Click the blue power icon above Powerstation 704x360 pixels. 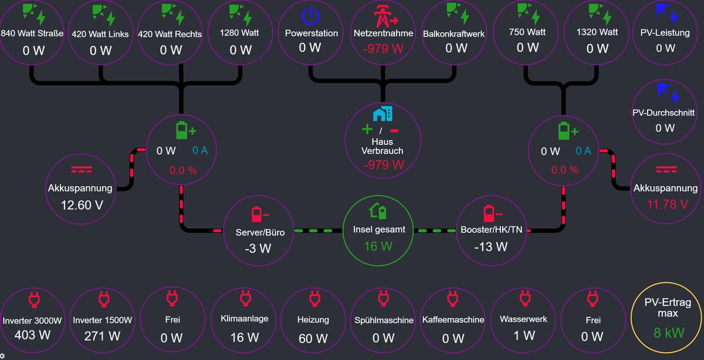coord(311,15)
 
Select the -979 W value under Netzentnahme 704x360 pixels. coord(383,48)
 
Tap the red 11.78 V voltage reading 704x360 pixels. coord(665,205)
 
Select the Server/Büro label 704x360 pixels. coord(260,232)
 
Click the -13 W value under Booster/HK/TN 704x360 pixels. coord(491,247)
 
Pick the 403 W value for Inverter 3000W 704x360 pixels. coord(33,336)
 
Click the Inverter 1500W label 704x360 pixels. coord(103,321)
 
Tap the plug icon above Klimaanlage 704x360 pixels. coord(245,299)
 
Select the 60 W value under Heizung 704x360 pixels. coord(313,338)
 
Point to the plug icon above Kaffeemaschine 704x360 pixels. coord(452,299)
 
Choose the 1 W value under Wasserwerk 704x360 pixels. coord(524,335)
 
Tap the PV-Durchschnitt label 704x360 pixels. coord(664,113)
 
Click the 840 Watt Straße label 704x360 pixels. coord(32,33)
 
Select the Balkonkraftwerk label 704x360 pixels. coord(454,33)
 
